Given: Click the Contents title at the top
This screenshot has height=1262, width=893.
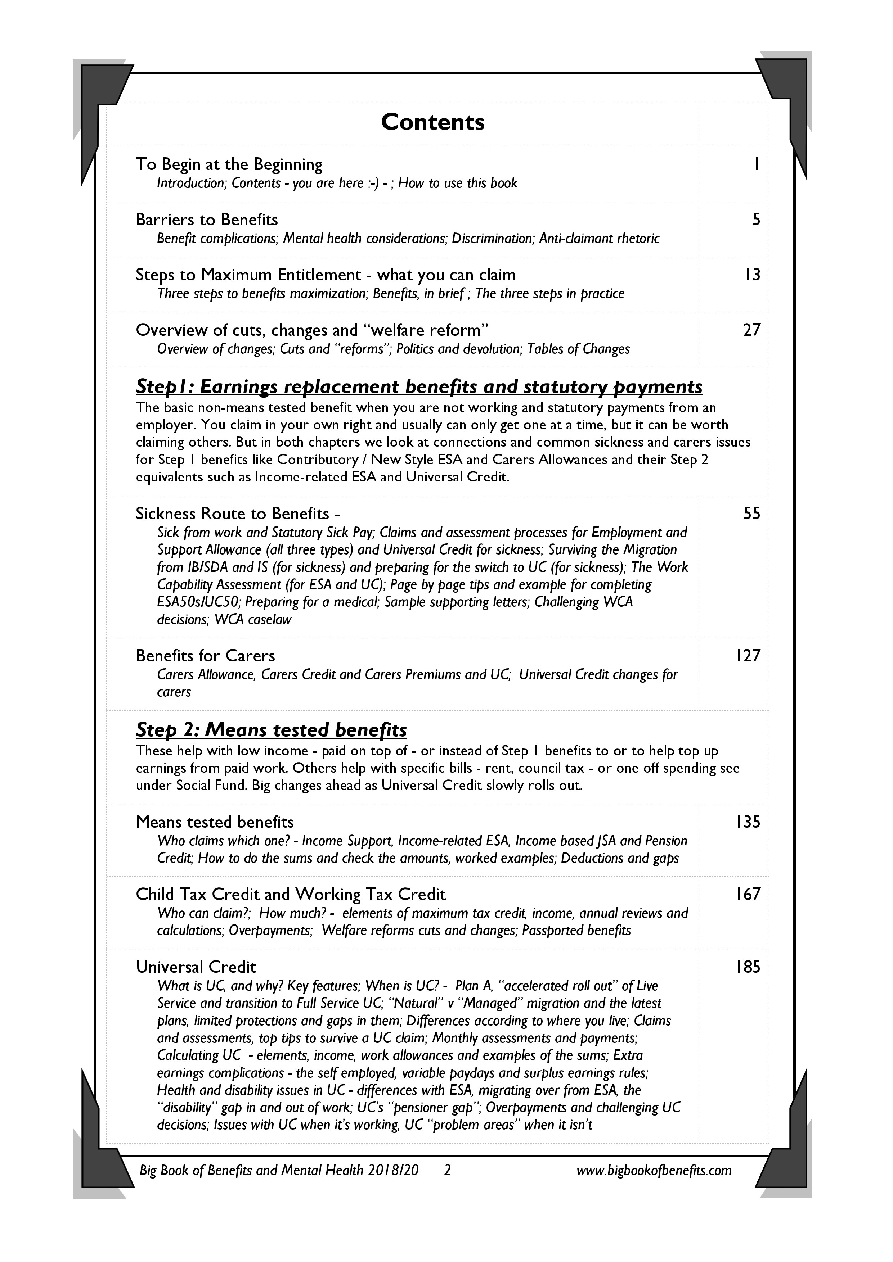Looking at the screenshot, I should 433,122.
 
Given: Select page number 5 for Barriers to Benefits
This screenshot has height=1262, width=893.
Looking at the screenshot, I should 756,220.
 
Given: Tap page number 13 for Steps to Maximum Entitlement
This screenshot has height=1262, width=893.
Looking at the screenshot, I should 752,275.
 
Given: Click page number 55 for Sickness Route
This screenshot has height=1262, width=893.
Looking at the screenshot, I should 751,514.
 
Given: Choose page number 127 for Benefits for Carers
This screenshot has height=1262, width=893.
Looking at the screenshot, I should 748,656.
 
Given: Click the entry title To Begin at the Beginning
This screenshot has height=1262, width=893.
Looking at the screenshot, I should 229,164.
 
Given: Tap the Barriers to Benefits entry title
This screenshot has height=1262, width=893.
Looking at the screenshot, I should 207,220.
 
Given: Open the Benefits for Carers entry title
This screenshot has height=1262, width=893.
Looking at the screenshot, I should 205,656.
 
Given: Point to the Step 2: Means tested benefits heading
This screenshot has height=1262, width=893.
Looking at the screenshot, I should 271,730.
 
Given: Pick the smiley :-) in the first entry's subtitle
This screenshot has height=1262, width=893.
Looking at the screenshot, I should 373,183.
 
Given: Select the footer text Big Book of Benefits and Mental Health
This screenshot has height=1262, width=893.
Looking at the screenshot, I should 279,1170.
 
